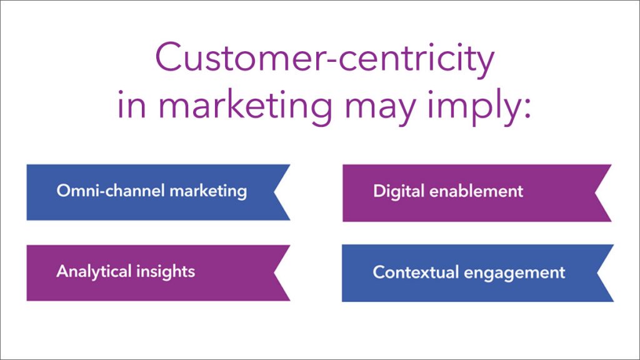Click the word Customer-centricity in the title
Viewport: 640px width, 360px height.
pyautogui.click(x=325, y=59)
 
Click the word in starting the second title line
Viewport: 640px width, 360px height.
pyautogui.click(x=131, y=104)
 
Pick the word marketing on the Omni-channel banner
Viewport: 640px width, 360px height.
pyautogui.click(x=208, y=191)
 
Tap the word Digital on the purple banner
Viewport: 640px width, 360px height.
pyautogui.click(x=399, y=191)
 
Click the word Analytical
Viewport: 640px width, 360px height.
pyautogui.click(x=94, y=272)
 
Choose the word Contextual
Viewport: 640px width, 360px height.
pyautogui.click(x=416, y=272)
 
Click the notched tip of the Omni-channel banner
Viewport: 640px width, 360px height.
pyautogui.click(x=274, y=192)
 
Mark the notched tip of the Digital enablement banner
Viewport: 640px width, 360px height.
pyautogui.click(x=595, y=193)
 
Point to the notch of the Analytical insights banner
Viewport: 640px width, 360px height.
pyautogui.click(x=274, y=273)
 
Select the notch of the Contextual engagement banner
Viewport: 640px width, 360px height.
pyautogui.click(x=597, y=273)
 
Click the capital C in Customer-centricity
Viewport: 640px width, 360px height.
pyautogui.click(x=169, y=57)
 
